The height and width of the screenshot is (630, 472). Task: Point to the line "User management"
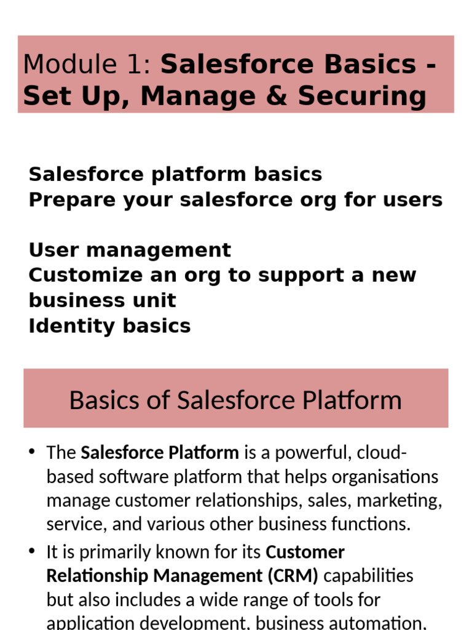point(130,250)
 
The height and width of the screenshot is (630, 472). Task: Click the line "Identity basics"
point(109,325)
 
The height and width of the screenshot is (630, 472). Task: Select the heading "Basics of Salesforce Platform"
point(235,400)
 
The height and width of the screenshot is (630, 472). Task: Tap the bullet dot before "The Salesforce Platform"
point(32,453)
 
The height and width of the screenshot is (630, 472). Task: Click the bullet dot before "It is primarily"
point(32,551)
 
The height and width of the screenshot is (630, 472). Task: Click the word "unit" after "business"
point(159,300)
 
